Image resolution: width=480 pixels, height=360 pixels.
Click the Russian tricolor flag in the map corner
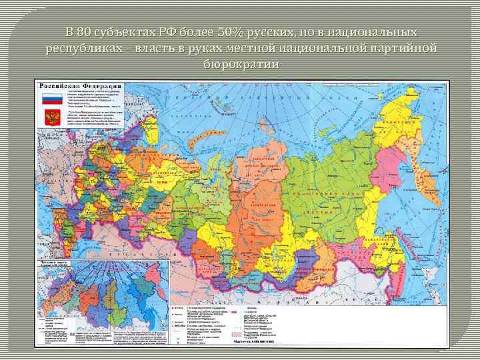click(51, 99)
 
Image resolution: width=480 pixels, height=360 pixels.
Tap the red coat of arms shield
click(51, 118)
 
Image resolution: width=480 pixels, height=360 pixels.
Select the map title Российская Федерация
click(81, 87)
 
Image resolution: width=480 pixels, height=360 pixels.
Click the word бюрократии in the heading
click(240, 63)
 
